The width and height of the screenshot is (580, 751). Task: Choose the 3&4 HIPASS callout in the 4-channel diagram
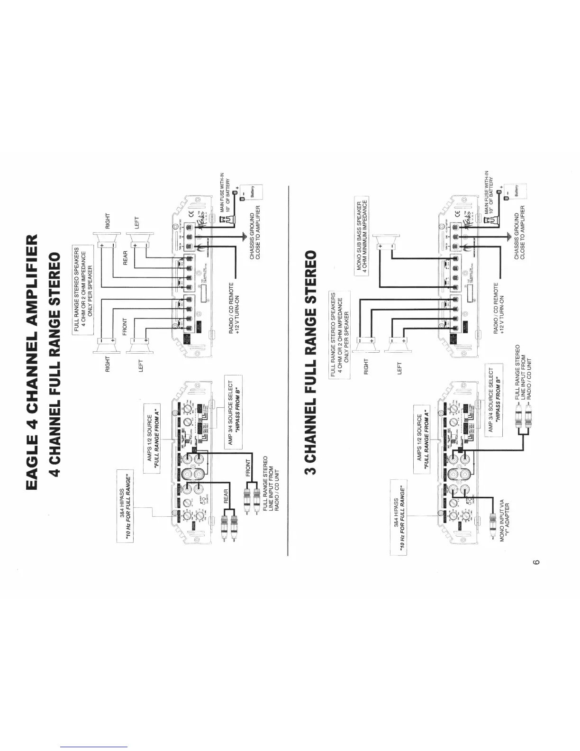[125, 504]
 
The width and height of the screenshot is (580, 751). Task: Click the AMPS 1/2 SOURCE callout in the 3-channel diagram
[422, 438]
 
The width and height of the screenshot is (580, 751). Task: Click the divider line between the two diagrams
[288, 370]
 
